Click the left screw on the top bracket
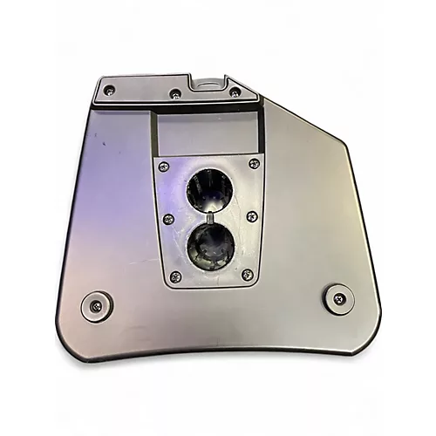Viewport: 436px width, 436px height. pyautogui.click(x=109, y=90)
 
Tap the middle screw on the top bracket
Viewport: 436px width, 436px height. pyautogui.click(x=175, y=92)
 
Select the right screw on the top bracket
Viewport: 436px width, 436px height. pyautogui.click(x=235, y=91)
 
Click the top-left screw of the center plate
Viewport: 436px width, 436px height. pyautogui.click(x=165, y=165)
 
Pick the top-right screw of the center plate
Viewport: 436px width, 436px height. pyautogui.click(x=254, y=163)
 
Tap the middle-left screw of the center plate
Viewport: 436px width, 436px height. pyautogui.click(x=168, y=219)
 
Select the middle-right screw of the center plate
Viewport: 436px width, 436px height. pyautogui.click(x=252, y=215)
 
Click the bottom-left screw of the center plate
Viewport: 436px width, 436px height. pyautogui.click(x=175, y=276)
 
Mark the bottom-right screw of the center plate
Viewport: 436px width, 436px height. pyautogui.click(x=248, y=275)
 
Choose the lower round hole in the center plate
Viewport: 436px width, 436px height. pyautogui.click(x=210, y=243)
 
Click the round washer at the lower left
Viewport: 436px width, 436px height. pyautogui.click(x=95, y=304)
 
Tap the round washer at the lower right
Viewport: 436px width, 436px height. pyautogui.click(x=338, y=298)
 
